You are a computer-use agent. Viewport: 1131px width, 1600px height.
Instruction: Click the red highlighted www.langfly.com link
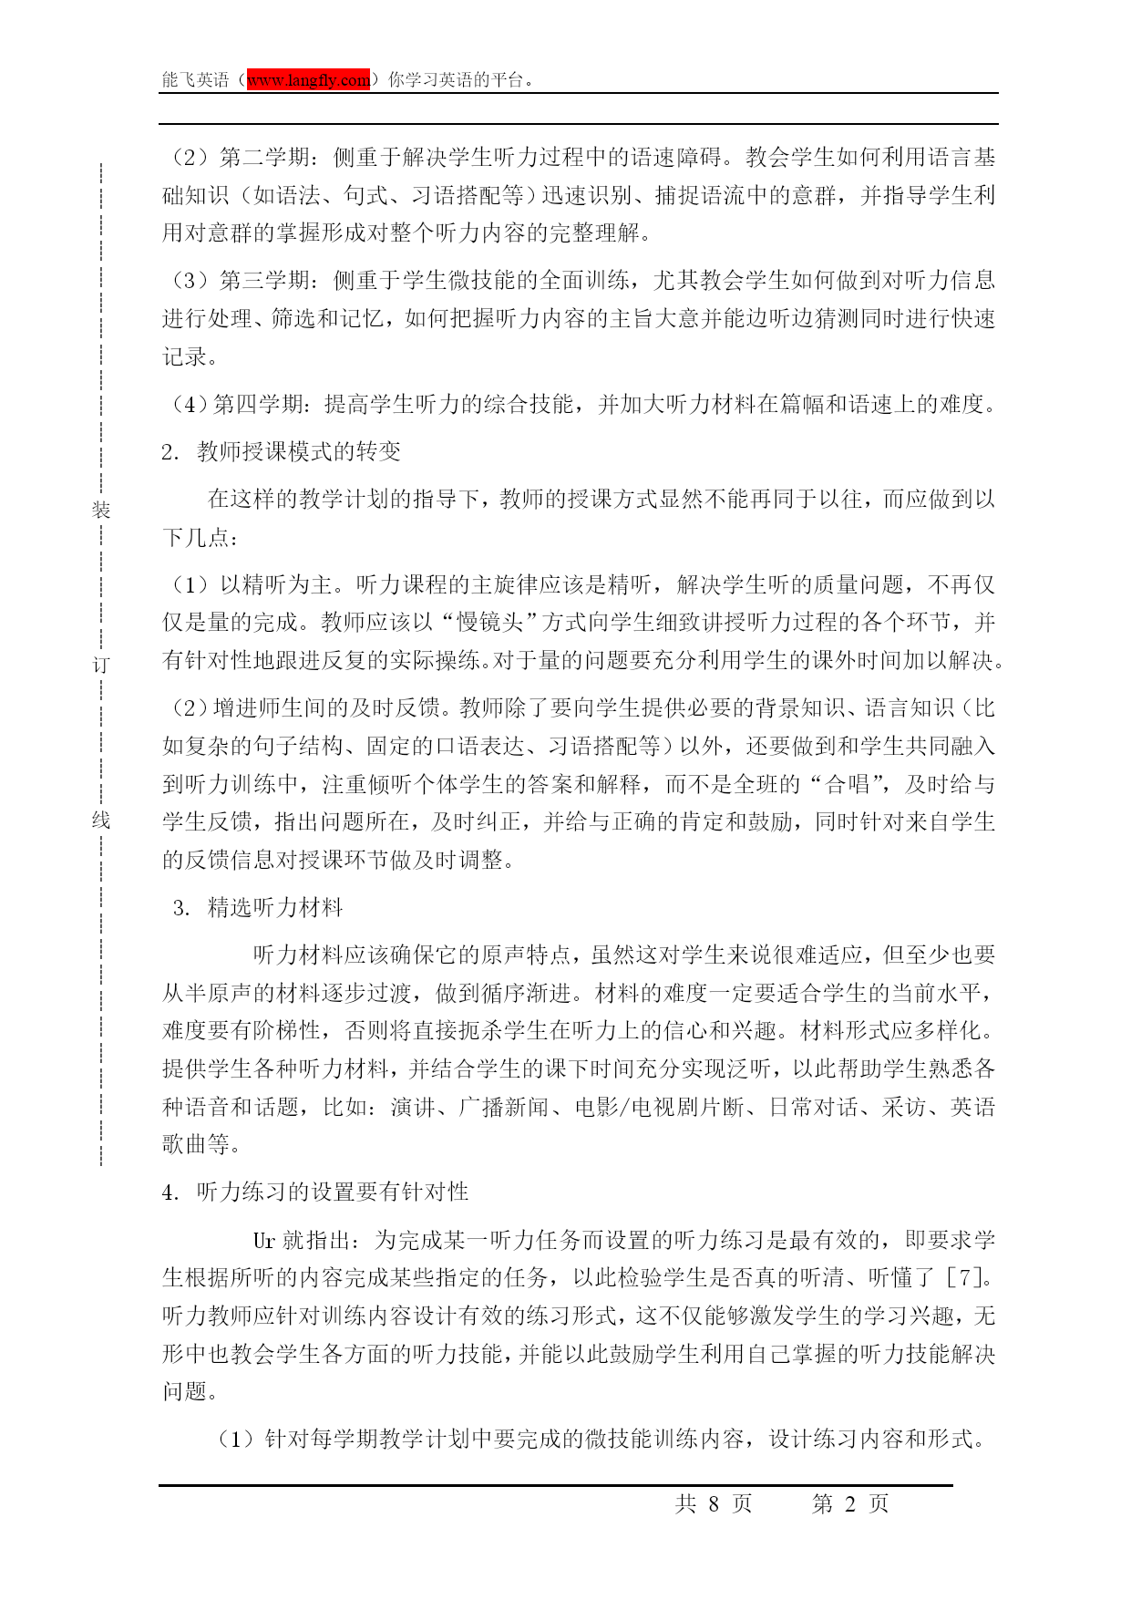tap(309, 80)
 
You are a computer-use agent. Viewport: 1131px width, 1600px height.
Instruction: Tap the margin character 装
tap(100, 510)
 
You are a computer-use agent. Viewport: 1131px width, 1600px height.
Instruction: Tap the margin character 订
tap(100, 666)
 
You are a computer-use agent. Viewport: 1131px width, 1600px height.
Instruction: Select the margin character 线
tap(100, 821)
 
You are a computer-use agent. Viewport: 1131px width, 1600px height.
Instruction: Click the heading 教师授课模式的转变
tap(299, 452)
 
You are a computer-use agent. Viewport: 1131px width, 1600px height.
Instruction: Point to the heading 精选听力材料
tap(275, 908)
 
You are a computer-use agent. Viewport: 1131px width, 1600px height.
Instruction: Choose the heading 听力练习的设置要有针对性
tap(333, 1192)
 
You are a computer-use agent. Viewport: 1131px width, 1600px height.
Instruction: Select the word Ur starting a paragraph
tap(263, 1241)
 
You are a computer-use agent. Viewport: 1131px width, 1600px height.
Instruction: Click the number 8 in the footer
tap(714, 1504)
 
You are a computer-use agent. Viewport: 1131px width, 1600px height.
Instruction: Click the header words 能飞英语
tap(195, 80)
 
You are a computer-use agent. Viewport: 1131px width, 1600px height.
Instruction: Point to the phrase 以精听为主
tap(277, 584)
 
